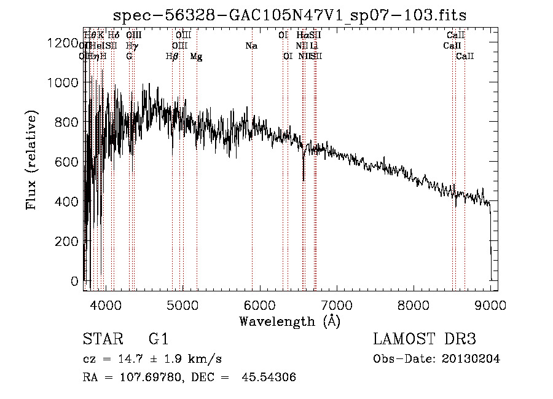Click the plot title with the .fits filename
(x=291, y=16)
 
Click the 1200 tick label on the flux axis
(x=65, y=42)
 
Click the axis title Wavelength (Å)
(x=289, y=321)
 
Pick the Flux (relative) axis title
(x=31, y=160)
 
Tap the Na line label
(x=251, y=45)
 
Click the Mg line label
(x=196, y=57)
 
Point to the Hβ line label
(x=172, y=57)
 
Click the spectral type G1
(x=158, y=339)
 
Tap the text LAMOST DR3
(x=425, y=339)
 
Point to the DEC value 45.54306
(x=270, y=377)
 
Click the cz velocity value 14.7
(x=129, y=359)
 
